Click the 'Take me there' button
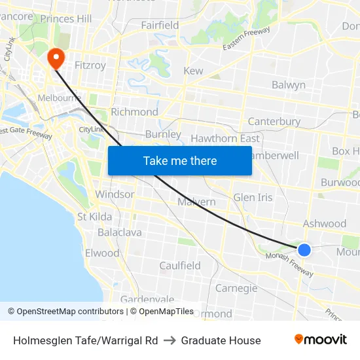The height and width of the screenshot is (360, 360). point(180,160)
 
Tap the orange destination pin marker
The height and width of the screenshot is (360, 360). point(56,58)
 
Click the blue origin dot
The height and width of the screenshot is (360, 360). point(304,250)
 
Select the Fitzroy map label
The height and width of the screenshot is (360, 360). point(90,65)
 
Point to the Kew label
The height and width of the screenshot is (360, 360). point(193,71)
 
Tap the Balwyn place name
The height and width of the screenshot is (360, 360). point(288,85)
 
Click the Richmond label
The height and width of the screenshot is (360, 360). point(134,112)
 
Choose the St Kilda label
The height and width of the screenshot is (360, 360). point(94,217)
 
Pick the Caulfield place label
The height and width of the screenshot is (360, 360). point(180,266)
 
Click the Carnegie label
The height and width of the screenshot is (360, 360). point(236,288)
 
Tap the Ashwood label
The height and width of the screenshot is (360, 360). point(324,224)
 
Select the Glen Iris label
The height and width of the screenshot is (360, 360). point(253,197)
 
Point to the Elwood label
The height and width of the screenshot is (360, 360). point(102,253)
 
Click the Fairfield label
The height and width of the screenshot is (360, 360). point(160,26)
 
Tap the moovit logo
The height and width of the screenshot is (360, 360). point(321,340)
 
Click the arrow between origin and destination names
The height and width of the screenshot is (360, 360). point(170,340)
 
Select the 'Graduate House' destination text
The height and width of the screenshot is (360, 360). point(221,340)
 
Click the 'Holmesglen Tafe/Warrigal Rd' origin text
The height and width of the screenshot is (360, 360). point(86,340)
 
